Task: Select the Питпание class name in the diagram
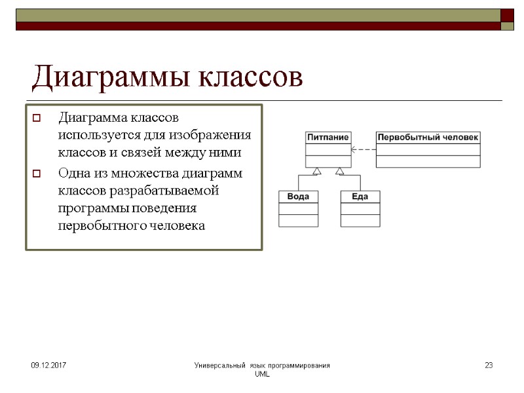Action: tap(327, 138)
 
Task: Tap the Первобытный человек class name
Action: tap(428, 138)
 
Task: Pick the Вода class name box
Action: tap(298, 196)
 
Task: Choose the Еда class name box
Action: tap(360, 196)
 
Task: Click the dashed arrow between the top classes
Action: tap(363, 149)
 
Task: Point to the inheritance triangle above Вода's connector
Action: tap(316, 172)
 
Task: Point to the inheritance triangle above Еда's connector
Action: tap(339, 172)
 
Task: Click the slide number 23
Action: tap(488, 365)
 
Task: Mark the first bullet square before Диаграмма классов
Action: tap(37, 119)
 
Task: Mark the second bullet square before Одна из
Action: tap(37, 174)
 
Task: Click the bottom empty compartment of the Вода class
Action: tap(298, 221)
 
